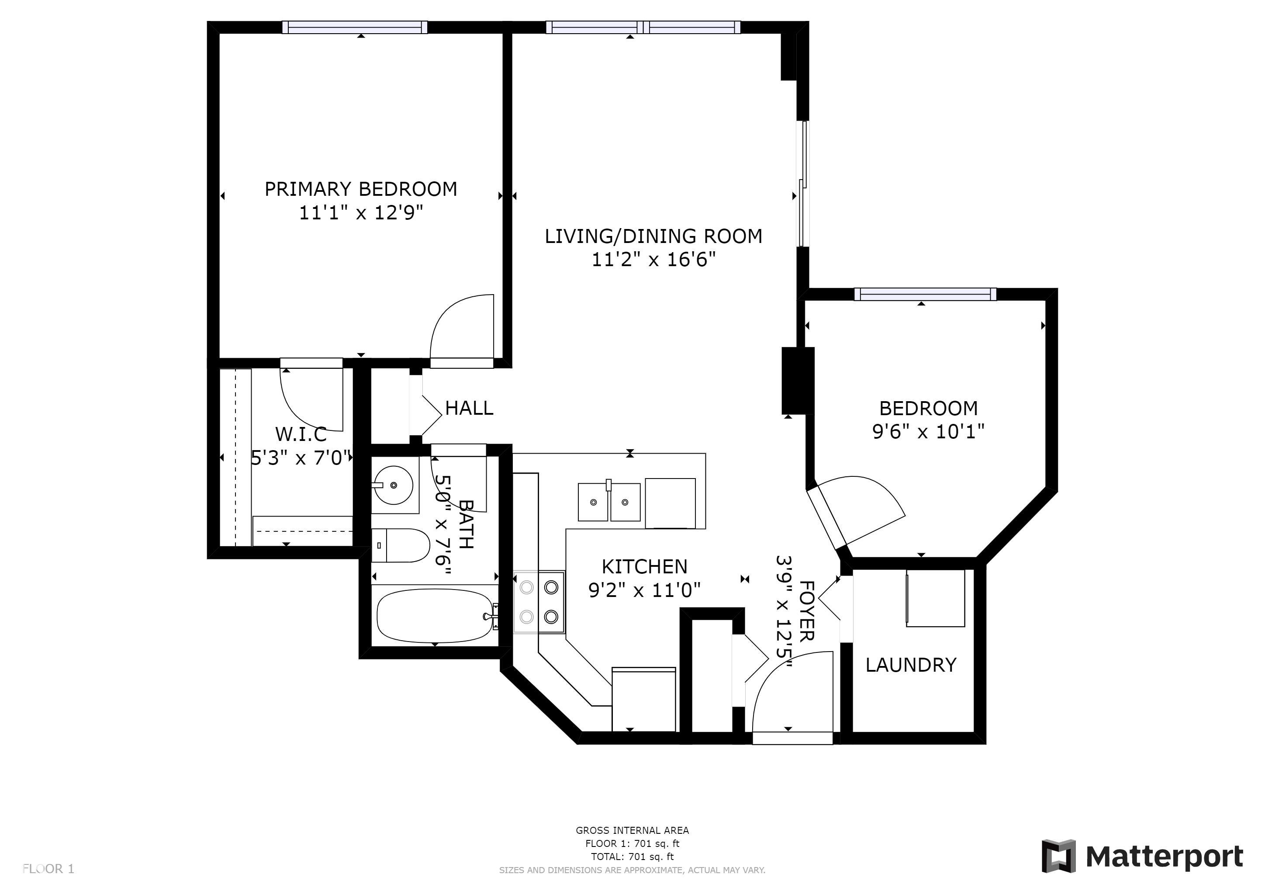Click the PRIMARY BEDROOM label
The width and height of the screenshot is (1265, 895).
[x=361, y=189]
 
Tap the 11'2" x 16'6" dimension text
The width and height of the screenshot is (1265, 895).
[x=653, y=259]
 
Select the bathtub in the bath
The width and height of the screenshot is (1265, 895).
[x=434, y=616]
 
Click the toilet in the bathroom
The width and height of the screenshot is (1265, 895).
[x=401, y=545]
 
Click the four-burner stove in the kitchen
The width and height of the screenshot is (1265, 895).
[x=539, y=602]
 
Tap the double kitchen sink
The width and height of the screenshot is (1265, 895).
[x=609, y=502]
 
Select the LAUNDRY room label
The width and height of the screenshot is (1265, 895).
[x=911, y=665]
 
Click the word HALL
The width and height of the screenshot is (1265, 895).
[x=469, y=408]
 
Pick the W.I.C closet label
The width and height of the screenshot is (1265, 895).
[x=301, y=434]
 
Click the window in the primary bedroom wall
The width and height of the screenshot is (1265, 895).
[x=355, y=27]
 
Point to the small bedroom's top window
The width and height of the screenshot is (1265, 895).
[x=926, y=294]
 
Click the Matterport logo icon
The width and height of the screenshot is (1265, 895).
[x=1058, y=857]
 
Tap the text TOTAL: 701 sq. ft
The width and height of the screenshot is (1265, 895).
[x=632, y=857]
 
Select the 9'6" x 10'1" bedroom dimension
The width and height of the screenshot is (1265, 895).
[x=928, y=431]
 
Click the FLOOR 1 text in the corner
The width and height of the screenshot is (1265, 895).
[x=48, y=869]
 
